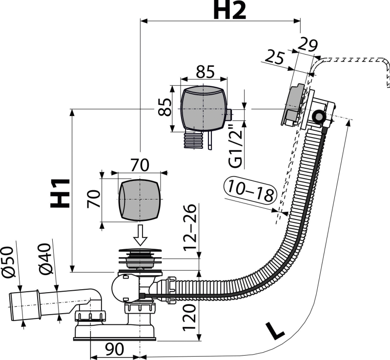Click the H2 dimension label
tap(229, 10)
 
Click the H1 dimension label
tap(60, 193)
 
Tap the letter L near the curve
tap(274, 330)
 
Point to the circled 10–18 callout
tap(250, 191)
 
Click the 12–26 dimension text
tap(190, 226)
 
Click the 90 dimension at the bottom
tap(114, 349)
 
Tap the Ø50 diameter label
tap(8, 261)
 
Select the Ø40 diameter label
tap(45, 260)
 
